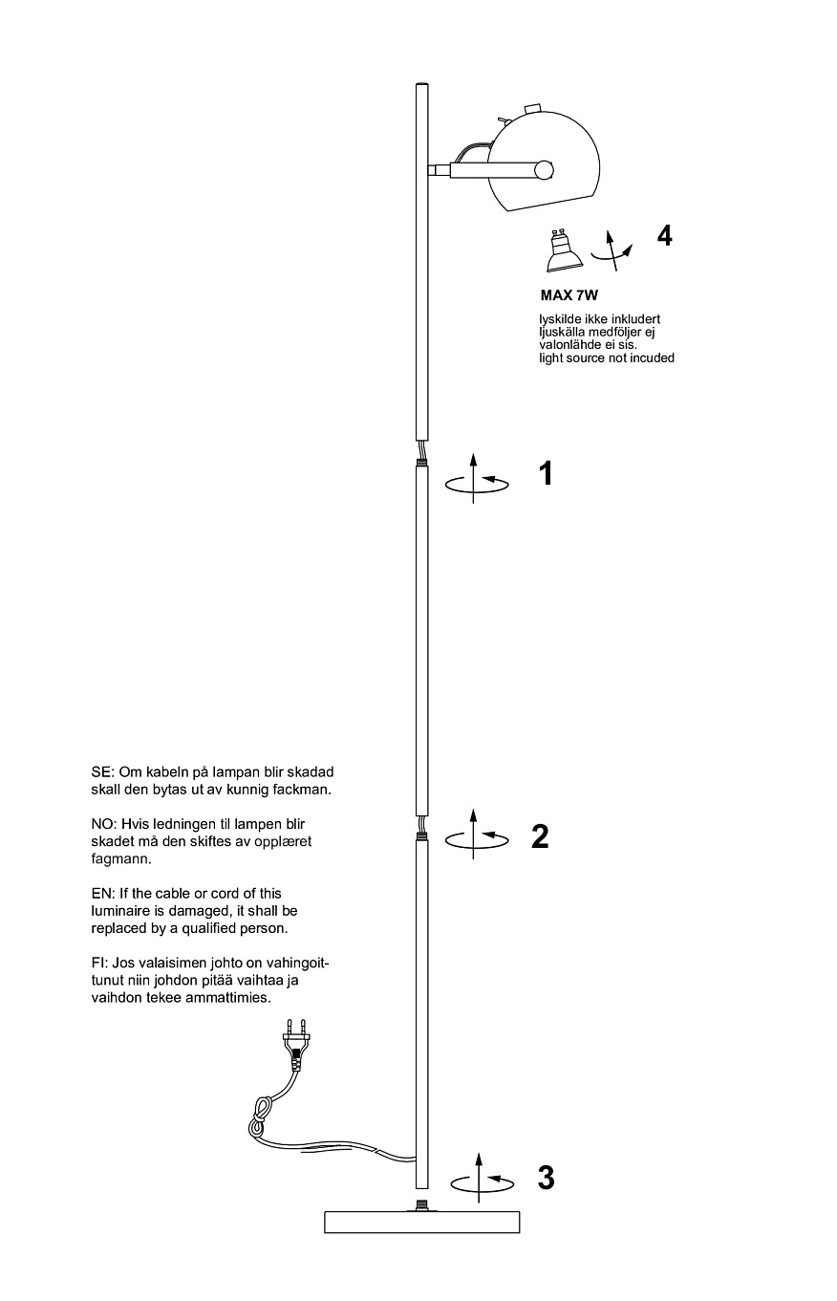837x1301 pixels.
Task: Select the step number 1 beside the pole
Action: pyautogui.click(x=546, y=473)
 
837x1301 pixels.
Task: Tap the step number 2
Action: pyautogui.click(x=540, y=836)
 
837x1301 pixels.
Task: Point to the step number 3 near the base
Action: pyautogui.click(x=546, y=1179)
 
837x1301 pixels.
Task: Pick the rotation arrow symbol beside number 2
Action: pyautogui.click(x=477, y=835)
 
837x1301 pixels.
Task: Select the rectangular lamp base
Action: pyautogui.click(x=421, y=1221)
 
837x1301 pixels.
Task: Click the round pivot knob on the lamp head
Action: pyautogui.click(x=544, y=171)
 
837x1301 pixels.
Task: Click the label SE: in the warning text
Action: pyautogui.click(x=101, y=772)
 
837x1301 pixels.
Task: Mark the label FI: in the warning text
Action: pyautogui.click(x=98, y=964)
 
